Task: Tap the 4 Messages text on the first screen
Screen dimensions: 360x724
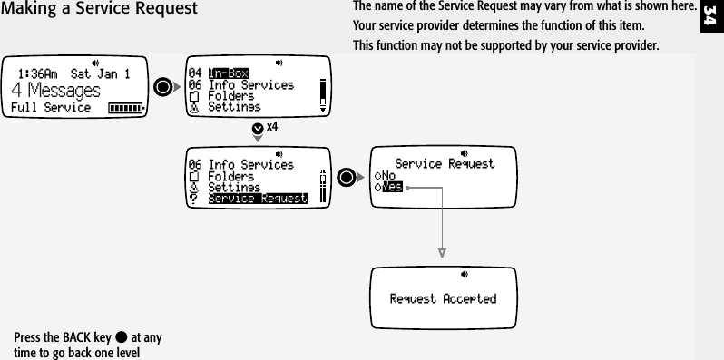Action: point(56,91)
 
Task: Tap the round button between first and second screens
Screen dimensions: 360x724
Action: point(163,88)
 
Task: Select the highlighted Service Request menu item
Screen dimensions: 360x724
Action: point(258,198)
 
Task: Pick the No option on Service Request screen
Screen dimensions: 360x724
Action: point(388,176)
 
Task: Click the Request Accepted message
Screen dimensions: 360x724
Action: point(443,298)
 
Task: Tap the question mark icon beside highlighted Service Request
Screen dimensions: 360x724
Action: point(192,199)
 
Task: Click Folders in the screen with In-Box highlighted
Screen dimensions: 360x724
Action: point(230,95)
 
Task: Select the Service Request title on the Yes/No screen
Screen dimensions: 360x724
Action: point(445,163)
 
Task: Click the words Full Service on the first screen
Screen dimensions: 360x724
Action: point(51,108)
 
